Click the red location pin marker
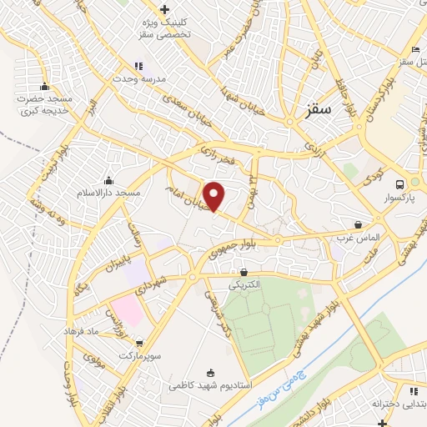pos(214,195)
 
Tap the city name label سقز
pos(319,108)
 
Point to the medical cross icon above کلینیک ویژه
pos(164,9)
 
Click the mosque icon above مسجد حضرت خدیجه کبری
pos(43,86)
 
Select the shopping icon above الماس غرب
pos(358,224)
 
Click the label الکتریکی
pos(244,284)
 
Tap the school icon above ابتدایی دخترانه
pos(413,390)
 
